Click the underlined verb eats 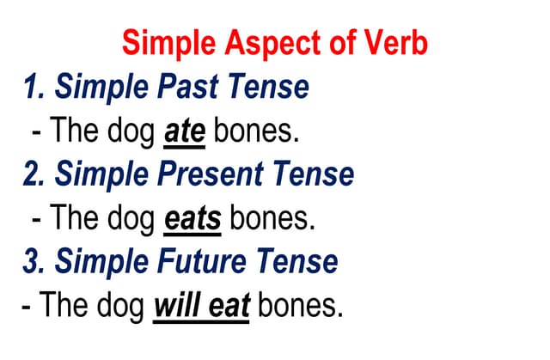[x=192, y=218]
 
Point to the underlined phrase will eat [x=201, y=305]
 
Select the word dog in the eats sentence [x=132, y=219]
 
